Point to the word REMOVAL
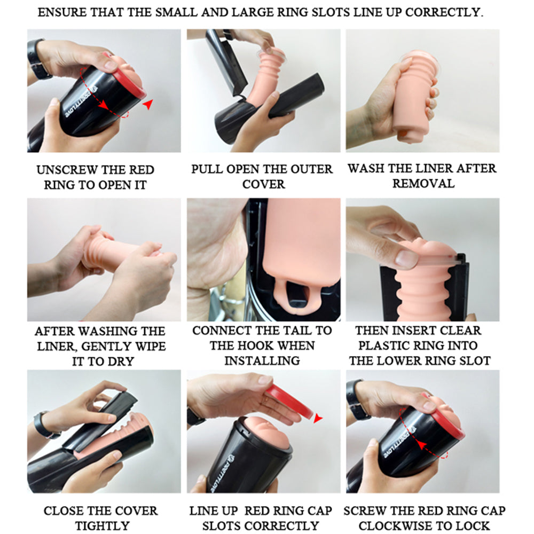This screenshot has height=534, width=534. click(x=423, y=184)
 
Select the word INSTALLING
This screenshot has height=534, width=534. click(x=262, y=360)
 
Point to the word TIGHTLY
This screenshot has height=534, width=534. click(x=102, y=526)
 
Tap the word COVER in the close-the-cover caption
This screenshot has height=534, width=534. click(x=137, y=511)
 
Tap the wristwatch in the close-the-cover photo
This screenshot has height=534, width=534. click(x=44, y=426)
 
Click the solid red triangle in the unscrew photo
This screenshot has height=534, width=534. click(x=148, y=104)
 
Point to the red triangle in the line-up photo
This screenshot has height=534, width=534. click(x=318, y=418)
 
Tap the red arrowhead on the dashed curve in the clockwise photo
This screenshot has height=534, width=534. click(x=422, y=445)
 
